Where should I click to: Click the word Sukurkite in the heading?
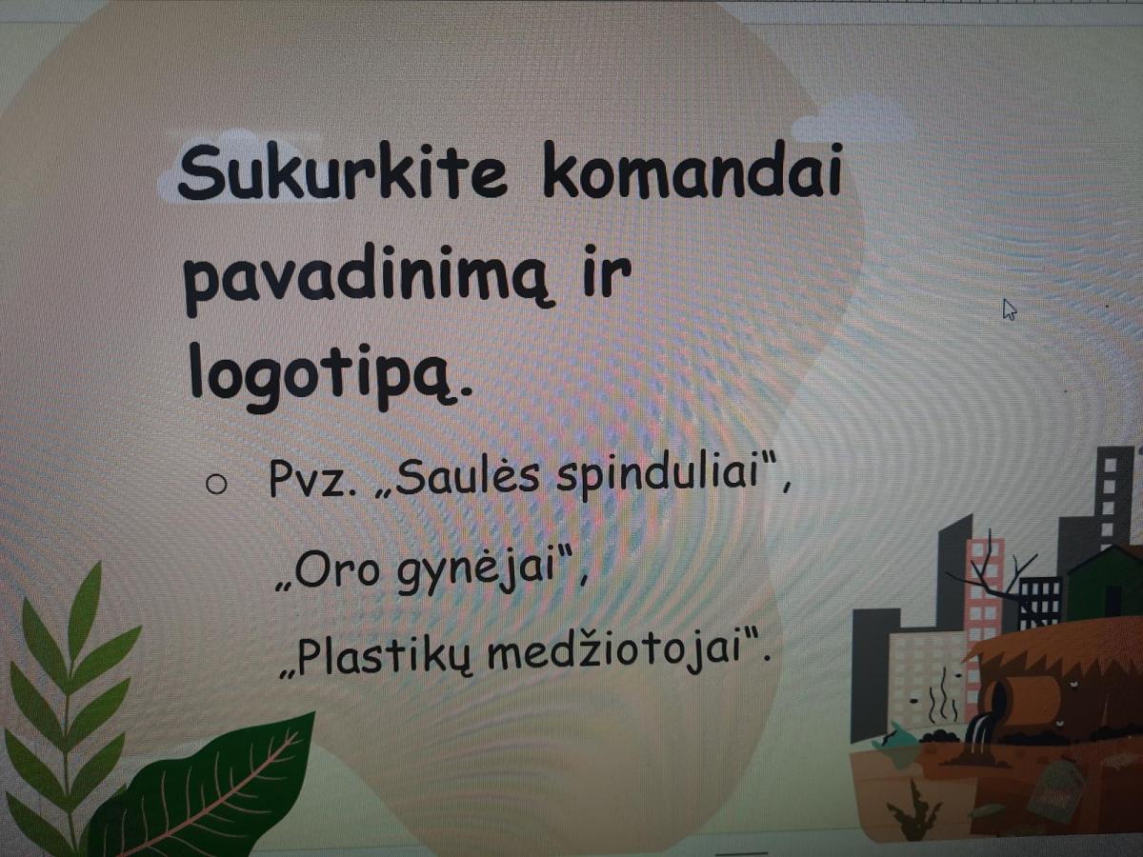[x=342, y=170]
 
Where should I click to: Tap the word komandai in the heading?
[x=692, y=169]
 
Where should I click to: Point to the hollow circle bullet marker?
[x=215, y=485]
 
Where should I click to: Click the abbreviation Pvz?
[x=313, y=478]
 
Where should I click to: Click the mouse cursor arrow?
[x=1009, y=309]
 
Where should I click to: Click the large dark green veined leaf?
[x=209, y=791]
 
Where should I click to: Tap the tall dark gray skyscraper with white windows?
[x=1113, y=501]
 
